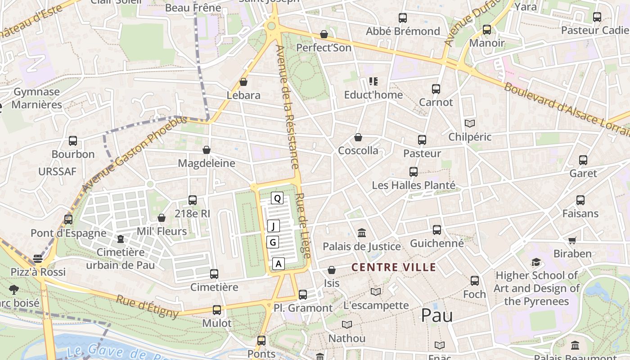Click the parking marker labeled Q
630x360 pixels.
point(277,198)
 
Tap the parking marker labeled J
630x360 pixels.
point(274,226)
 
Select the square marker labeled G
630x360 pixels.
point(273,243)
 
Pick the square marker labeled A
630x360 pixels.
point(279,264)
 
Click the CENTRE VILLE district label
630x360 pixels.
point(393,267)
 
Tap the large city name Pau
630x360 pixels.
point(436,315)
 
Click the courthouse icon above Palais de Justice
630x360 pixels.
point(361,233)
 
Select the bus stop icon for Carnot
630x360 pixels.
point(436,89)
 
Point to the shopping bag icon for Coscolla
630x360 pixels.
point(358,137)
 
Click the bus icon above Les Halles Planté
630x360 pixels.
point(413,171)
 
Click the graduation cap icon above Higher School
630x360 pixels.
point(536,262)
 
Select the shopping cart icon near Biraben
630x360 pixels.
point(572,240)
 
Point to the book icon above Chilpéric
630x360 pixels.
point(469,123)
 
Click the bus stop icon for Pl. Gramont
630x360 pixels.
point(303,295)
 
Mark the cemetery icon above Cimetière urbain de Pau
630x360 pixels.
point(120,238)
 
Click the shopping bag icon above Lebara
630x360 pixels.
point(243,82)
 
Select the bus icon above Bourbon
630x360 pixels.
point(73,141)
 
